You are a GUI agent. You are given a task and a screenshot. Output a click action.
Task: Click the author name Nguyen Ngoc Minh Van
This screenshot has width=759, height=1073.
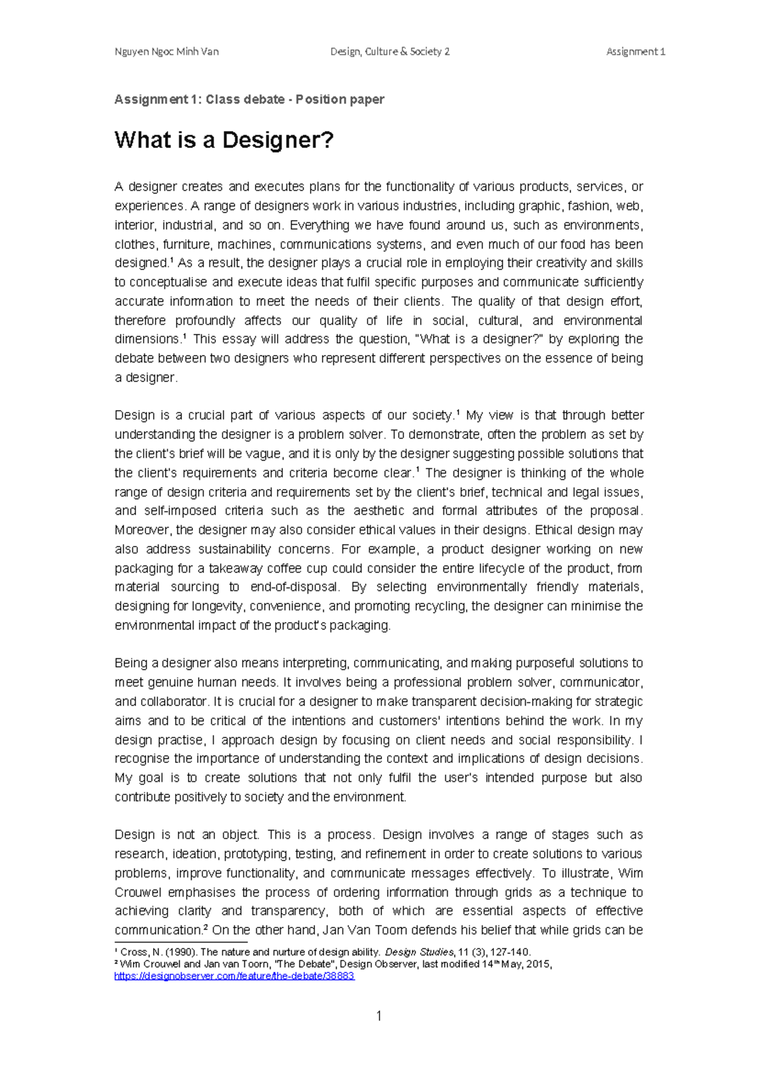coord(166,52)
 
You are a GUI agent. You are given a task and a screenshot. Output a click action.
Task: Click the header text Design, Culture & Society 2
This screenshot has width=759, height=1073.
coord(390,52)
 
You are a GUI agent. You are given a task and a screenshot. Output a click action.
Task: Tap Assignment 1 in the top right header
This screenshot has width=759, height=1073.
coord(635,52)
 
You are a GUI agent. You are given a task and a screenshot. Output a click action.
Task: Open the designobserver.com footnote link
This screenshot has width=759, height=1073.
coord(234,976)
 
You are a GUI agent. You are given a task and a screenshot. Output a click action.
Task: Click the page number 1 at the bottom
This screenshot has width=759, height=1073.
coord(379,1016)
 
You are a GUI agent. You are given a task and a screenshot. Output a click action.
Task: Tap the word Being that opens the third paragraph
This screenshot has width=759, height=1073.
coord(130,663)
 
